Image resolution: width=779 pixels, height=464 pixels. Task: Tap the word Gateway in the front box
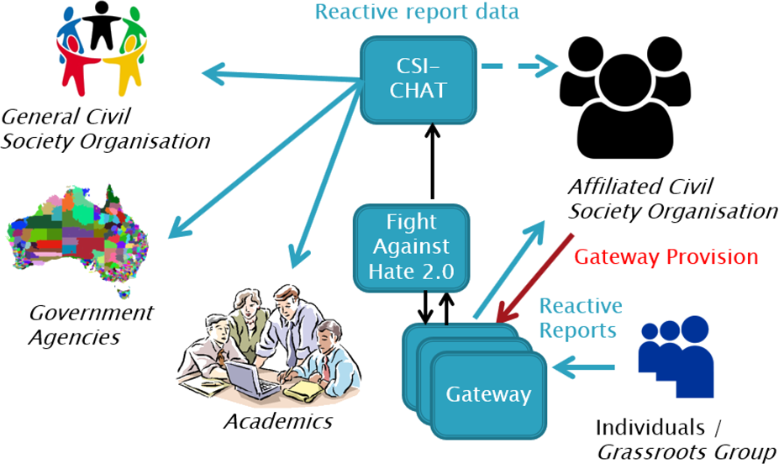click(x=488, y=393)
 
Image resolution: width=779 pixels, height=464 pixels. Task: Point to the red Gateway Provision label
click(x=666, y=256)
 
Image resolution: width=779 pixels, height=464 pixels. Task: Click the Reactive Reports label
click(x=581, y=318)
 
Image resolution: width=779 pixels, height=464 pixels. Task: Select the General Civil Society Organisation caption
click(x=104, y=128)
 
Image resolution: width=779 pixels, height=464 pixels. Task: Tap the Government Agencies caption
click(x=91, y=324)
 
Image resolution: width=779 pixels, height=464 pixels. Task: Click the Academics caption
click(x=277, y=420)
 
